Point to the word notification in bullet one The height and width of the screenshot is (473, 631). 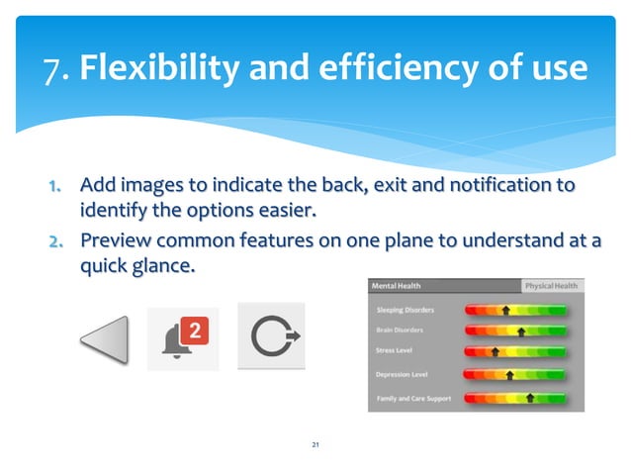492,185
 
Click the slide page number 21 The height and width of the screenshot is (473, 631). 315,446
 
